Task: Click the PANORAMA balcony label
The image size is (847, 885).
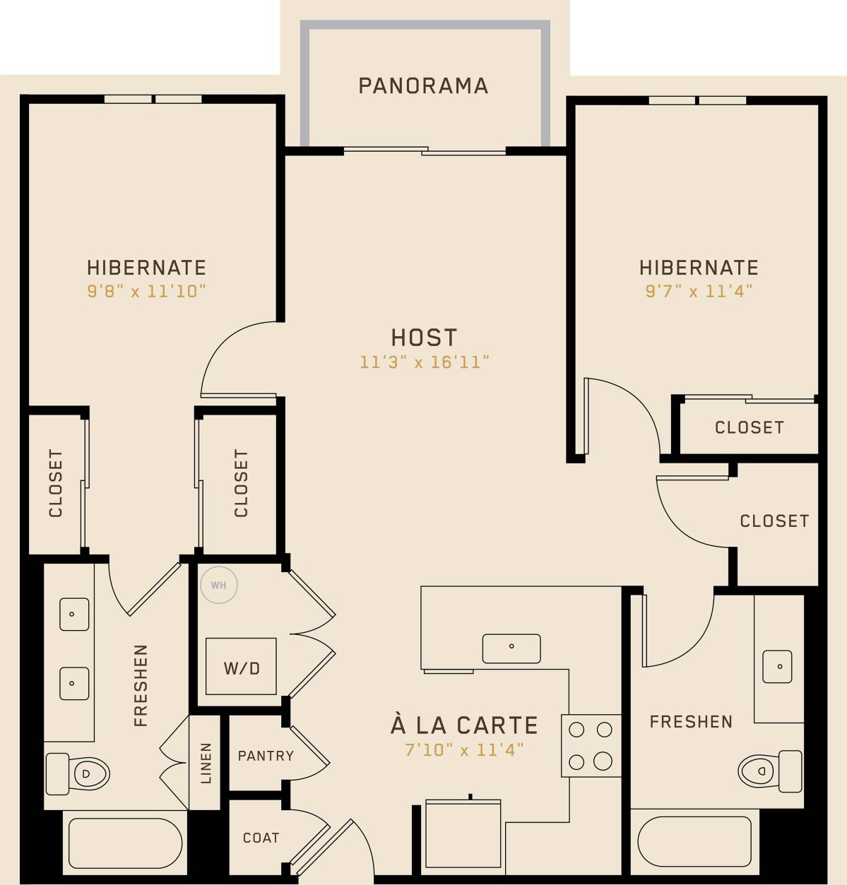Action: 423,86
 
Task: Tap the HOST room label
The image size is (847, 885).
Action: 424,338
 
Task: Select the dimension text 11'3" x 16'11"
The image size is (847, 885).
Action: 424,362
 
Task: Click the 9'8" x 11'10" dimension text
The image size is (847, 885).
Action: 146,291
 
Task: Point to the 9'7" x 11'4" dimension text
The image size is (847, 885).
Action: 698,291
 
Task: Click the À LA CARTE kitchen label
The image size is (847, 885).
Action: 464,725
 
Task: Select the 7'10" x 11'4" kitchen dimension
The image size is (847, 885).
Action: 464,749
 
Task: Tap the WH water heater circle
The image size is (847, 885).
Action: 219,585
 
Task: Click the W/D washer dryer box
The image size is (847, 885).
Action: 241,667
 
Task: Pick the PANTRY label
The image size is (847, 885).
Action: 266,756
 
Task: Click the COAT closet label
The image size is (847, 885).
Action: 261,838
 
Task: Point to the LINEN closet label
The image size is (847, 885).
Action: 206,763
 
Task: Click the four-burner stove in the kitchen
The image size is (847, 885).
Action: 591,745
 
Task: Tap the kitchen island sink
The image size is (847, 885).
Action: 511,648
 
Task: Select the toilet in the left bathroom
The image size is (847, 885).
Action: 78,773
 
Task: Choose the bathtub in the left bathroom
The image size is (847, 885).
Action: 125,843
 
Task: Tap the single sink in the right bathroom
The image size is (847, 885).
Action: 777,666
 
